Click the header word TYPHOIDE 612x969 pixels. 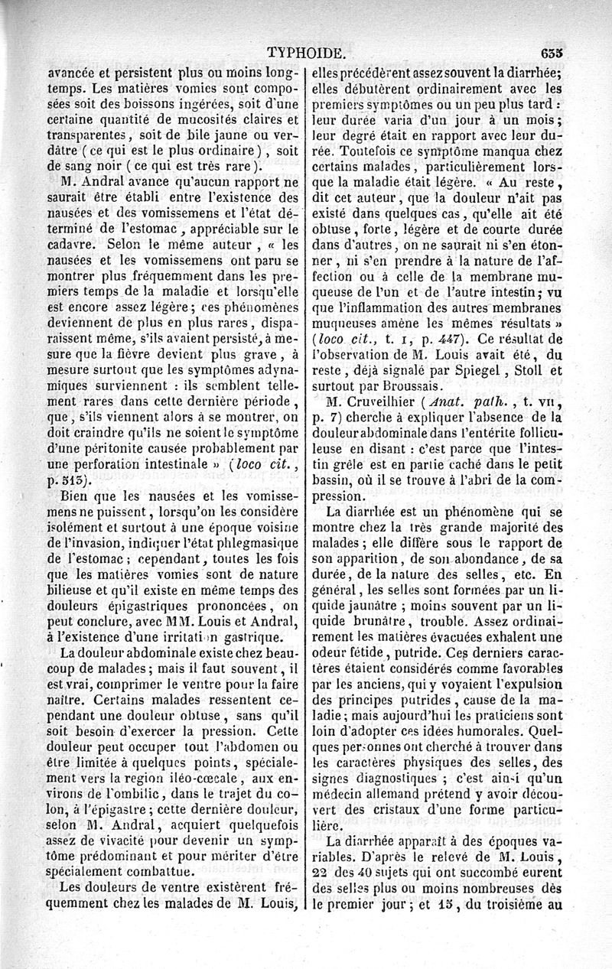pos(306,54)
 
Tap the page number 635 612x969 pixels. pos(550,54)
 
